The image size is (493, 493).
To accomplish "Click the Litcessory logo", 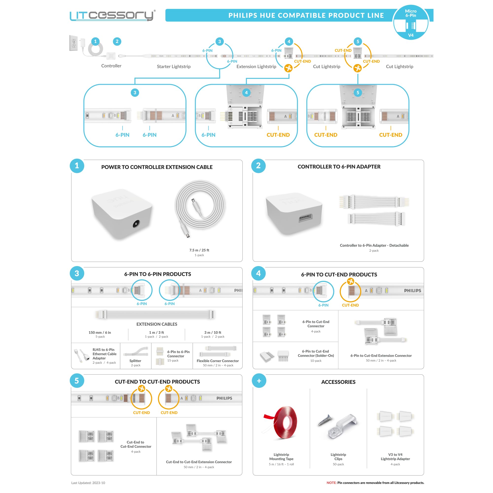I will coord(113,15).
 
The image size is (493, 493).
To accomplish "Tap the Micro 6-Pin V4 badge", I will coord(410,22).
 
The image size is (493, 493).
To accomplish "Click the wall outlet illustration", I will coord(73,43).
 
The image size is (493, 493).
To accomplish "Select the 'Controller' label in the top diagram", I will coord(111,66).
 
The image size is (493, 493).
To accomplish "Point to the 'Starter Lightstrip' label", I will coord(173,67).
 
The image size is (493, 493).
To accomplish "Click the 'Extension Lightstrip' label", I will coord(256,67).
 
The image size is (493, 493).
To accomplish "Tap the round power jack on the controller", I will coord(136,224).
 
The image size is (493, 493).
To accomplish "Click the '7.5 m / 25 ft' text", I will coord(199,250).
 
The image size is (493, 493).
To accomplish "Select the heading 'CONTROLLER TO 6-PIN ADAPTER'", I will coord(339,167).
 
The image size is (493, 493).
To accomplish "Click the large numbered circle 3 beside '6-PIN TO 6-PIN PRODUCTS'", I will coord(77,273).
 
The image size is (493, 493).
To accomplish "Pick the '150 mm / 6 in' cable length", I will coord(100,333).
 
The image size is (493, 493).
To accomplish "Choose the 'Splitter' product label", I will coord(135,361).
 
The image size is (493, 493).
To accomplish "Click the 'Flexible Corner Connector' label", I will coord(218,361).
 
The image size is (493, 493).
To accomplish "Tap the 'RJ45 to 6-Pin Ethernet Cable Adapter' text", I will coord(104,354).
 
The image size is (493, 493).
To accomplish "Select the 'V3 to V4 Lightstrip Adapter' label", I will coord(395,457).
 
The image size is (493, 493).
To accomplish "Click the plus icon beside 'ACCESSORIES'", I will coord(259,381).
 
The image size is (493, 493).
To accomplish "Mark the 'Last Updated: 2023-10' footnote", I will coord(88,483).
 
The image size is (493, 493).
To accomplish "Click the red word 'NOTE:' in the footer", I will coord(331,483).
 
